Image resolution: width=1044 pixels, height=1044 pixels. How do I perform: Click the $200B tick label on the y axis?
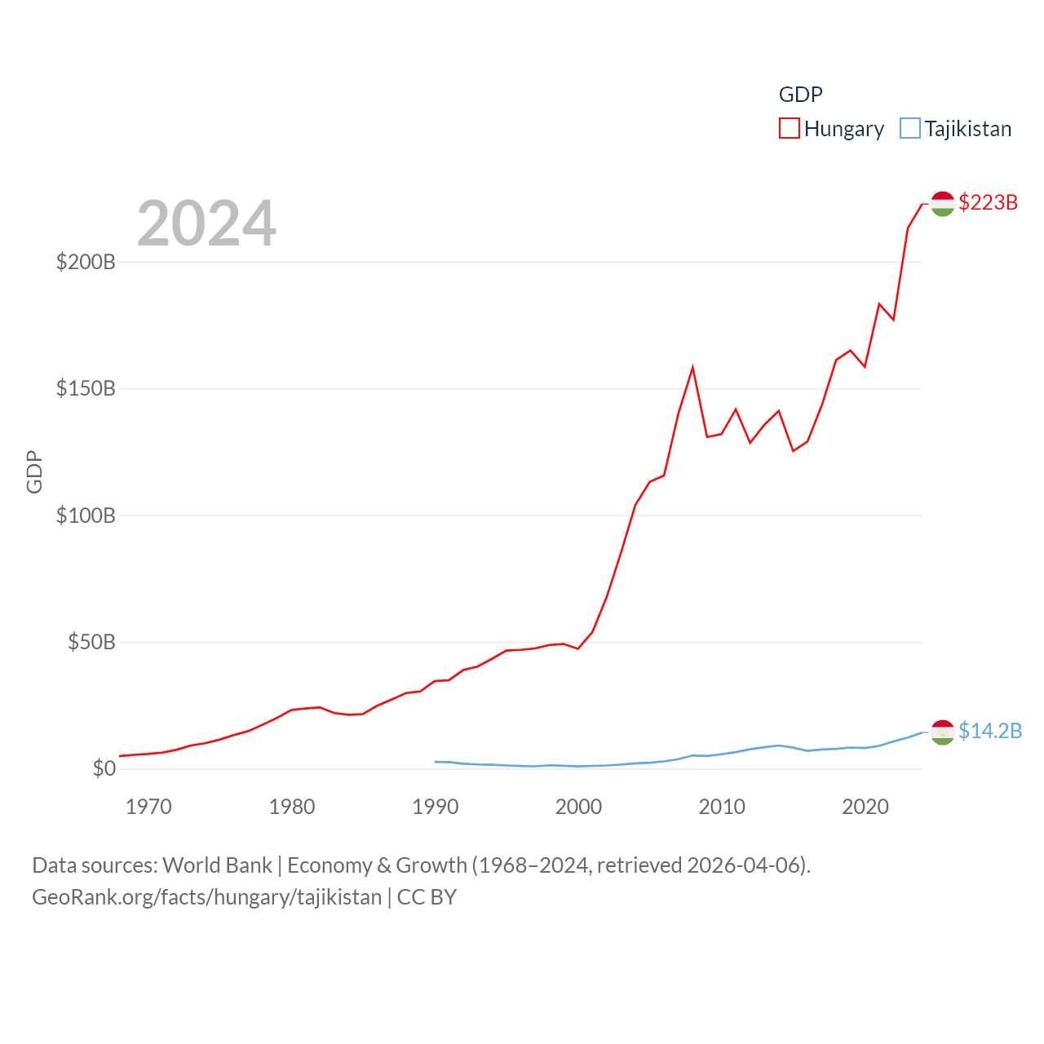[86, 262]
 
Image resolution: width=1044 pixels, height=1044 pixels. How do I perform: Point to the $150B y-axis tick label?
[86, 388]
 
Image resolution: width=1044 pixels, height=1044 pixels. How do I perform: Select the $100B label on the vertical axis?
[86, 515]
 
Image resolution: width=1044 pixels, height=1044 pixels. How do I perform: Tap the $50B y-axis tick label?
[91, 642]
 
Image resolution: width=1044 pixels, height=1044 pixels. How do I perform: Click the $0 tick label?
[104, 768]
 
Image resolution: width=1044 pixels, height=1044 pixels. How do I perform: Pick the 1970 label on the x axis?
[148, 807]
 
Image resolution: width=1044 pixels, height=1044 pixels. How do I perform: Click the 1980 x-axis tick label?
[292, 807]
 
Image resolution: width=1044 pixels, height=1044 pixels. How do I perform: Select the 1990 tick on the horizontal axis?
[436, 807]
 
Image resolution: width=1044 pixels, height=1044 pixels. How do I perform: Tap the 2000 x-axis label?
[578, 807]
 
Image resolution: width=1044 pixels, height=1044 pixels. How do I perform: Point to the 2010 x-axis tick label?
[722, 807]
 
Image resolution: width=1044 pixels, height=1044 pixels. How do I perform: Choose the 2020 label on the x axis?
[865, 807]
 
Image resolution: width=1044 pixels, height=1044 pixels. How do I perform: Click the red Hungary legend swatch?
[790, 128]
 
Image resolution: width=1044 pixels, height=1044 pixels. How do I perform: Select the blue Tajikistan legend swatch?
[910, 128]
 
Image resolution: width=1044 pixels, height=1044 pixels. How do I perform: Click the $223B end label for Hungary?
[988, 202]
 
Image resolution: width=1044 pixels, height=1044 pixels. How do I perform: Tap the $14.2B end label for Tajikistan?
[990, 731]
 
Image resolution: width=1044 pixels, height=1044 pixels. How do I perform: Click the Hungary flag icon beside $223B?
[942, 204]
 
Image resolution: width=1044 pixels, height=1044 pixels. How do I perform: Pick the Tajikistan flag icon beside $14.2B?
[942, 732]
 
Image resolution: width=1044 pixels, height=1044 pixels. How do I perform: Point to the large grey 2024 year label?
[206, 223]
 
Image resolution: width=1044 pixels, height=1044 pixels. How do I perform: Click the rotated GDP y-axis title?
[34, 471]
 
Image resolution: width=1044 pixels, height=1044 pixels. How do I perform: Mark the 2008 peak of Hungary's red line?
[693, 368]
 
